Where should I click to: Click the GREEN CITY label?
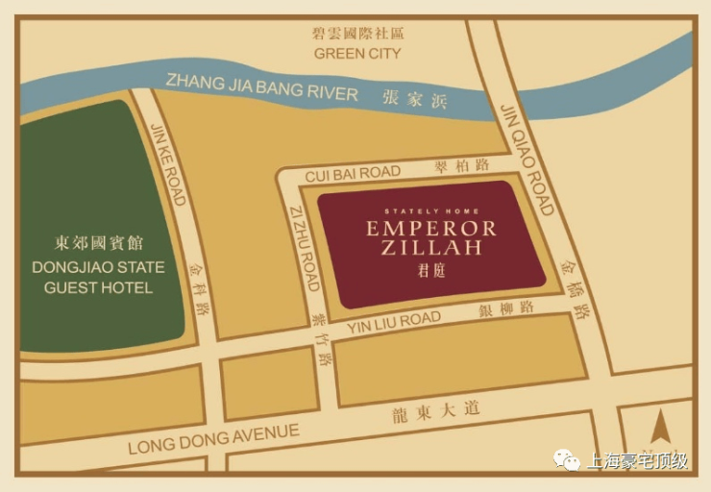pyautogui.click(x=356, y=54)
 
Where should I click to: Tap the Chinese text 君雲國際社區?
pyautogui.click(x=356, y=33)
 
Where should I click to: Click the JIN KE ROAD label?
pyautogui.click(x=167, y=163)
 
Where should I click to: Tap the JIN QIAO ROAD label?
pyautogui.click(x=527, y=159)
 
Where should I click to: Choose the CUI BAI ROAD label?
pyautogui.click(x=353, y=173)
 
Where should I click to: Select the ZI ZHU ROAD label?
pyautogui.click(x=305, y=248)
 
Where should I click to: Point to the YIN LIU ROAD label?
pyautogui.click(x=394, y=321)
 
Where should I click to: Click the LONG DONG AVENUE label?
pyautogui.click(x=213, y=440)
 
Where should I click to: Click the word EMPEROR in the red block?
pyautogui.click(x=430, y=229)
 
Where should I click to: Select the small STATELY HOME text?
pyautogui.click(x=430, y=210)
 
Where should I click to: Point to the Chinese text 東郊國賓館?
pyautogui.click(x=98, y=243)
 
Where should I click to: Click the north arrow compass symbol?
pyautogui.click(x=658, y=428)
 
